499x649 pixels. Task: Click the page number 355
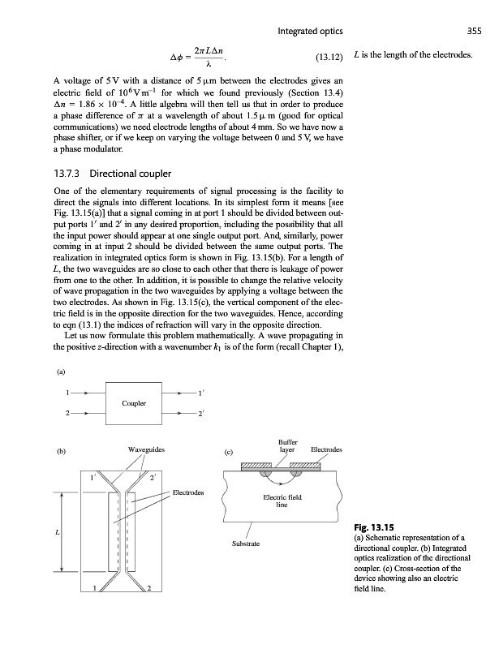coord(476,32)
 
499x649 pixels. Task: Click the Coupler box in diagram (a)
coord(134,402)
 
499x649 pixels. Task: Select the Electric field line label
coord(282,501)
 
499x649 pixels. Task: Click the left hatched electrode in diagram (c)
coord(256,466)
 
